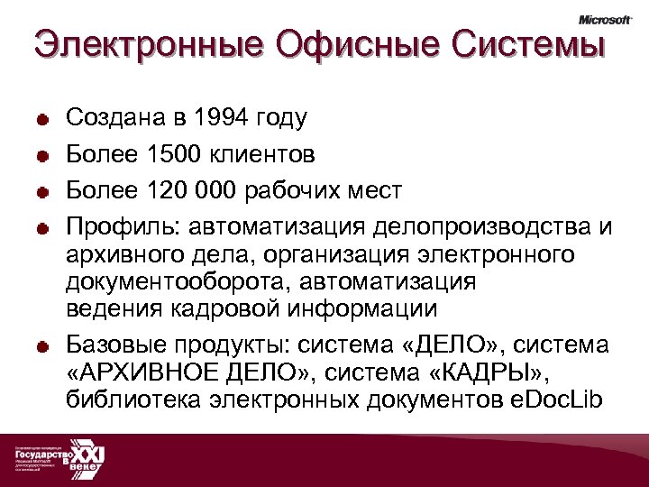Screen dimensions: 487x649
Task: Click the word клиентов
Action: [263, 154]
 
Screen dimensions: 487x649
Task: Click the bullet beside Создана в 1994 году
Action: [42, 119]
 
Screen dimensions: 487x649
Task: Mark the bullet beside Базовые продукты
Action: [42, 347]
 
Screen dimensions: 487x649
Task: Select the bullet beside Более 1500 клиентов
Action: [42, 156]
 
